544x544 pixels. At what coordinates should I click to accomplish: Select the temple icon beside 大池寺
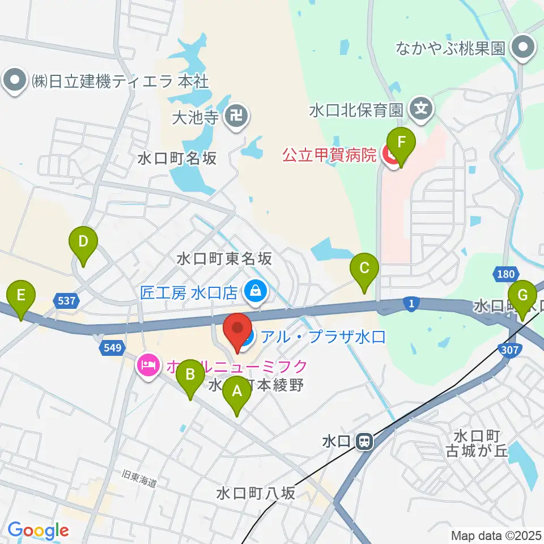(236, 117)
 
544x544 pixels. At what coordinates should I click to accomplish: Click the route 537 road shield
(66, 301)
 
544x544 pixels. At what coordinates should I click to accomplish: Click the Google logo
(39, 530)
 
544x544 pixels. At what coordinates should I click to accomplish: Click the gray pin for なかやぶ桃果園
(523, 48)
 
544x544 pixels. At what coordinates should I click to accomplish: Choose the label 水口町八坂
(256, 494)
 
